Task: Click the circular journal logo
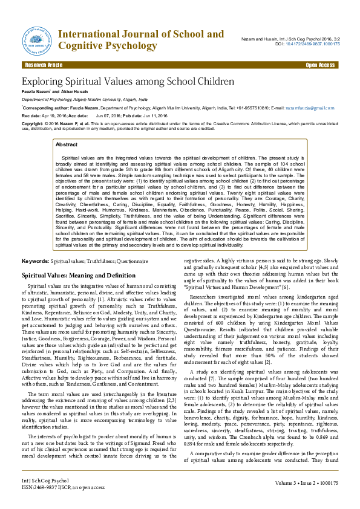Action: coord(38,40)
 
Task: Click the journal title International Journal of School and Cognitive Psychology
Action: coord(140,40)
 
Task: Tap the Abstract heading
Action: coord(66,144)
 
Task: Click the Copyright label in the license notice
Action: coord(33,123)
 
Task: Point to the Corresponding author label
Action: coord(42,108)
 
